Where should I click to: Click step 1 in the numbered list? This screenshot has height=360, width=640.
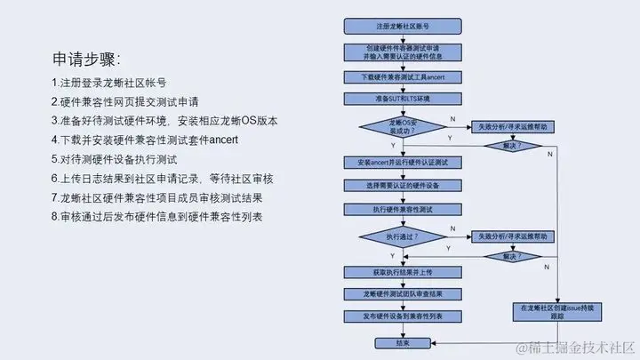(x=108, y=83)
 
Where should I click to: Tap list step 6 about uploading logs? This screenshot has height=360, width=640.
(x=168, y=179)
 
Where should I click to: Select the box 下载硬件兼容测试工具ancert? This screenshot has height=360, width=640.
(x=403, y=78)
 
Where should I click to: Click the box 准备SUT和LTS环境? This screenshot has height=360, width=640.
(x=403, y=99)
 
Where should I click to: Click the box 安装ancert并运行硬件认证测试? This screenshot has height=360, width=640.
(x=403, y=163)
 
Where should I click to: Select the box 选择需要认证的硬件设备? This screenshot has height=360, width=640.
(x=403, y=186)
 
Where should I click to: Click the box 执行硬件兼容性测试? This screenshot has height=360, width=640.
(x=403, y=210)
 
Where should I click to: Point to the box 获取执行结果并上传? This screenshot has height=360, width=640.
(x=403, y=270)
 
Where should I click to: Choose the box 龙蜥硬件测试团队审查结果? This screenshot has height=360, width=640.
(x=403, y=292)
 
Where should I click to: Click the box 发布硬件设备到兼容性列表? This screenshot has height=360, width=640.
(x=403, y=316)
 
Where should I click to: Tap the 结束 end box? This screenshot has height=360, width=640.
(x=403, y=341)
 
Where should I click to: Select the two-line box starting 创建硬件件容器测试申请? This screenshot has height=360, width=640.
(x=403, y=52)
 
